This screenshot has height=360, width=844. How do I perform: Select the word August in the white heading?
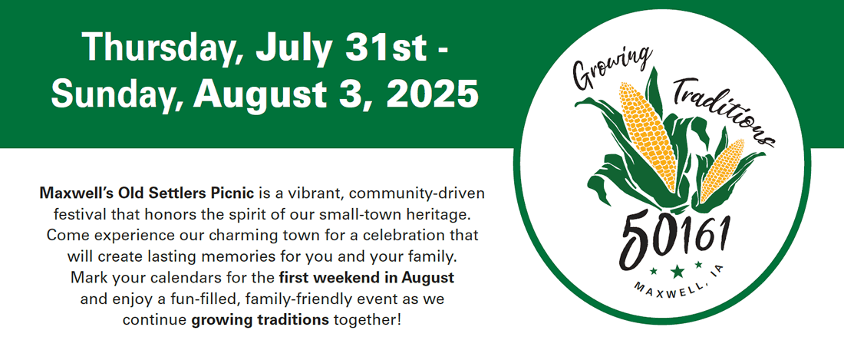pos(243,95)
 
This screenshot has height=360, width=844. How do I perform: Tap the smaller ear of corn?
pos(722,170)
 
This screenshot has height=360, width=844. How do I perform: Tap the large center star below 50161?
pos(678,271)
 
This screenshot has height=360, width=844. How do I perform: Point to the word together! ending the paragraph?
pos(368,319)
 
